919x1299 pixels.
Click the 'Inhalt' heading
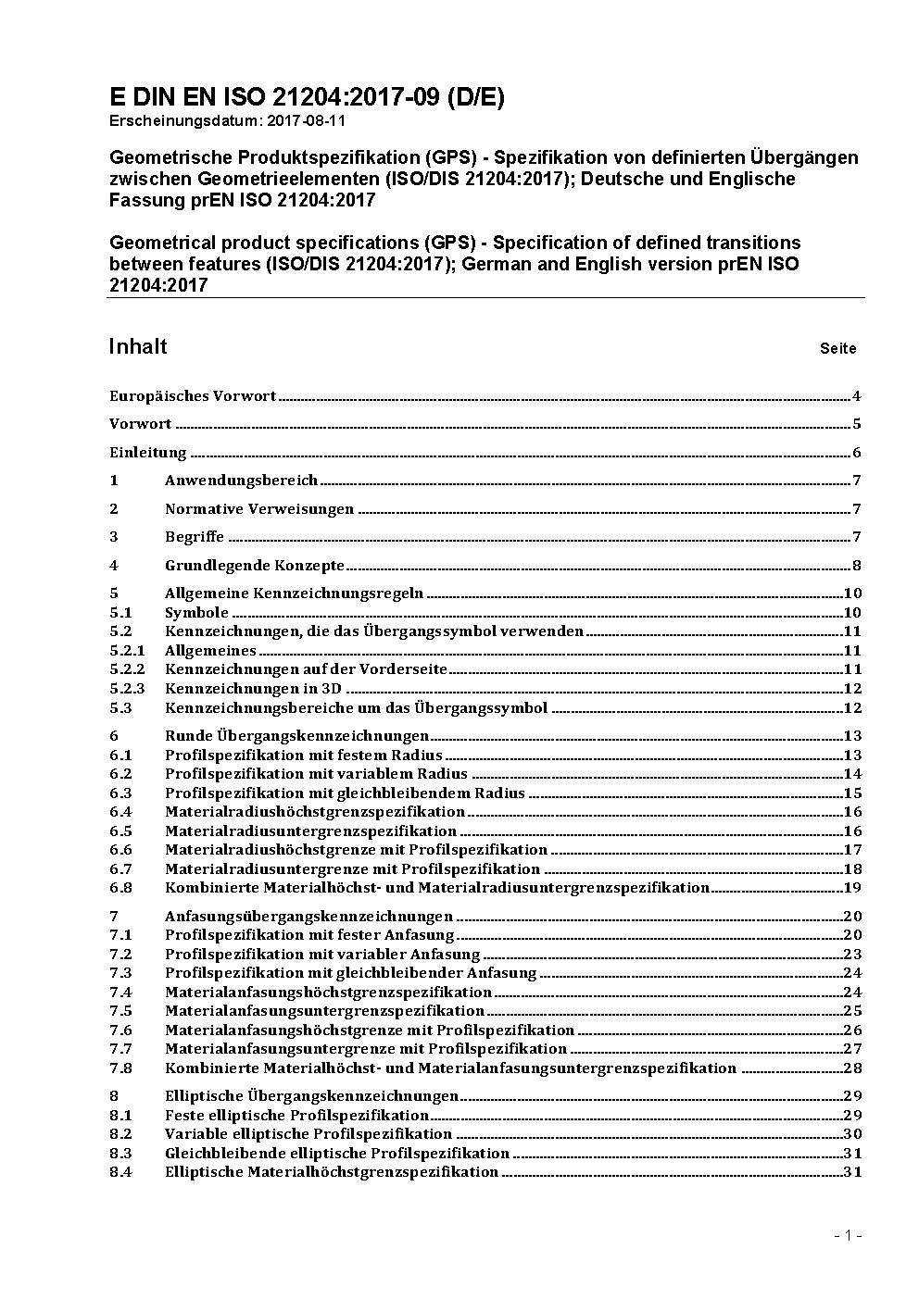pyautogui.click(x=138, y=346)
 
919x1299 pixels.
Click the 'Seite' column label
pyautogui.click(x=837, y=349)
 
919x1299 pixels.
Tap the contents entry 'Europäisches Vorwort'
pyautogui.click(x=193, y=396)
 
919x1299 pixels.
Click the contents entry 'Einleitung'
pyautogui.click(x=148, y=453)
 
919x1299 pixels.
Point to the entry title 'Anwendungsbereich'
pyautogui.click(x=241, y=481)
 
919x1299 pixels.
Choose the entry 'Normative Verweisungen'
pyautogui.click(x=259, y=509)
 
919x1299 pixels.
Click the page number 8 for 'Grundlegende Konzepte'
pyautogui.click(x=857, y=566)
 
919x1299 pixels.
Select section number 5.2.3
pyautogui.click(x=127, y=689)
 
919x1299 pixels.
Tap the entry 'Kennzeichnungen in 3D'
pyautogui.click(x=253, y=689)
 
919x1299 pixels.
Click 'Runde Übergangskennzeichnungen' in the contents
pyautogui.click(x=296, y=736)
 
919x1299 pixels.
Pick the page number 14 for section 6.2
pyautogui.click(x=852, y=774)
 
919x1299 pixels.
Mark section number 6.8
pyautogui.click(x=120, y=888)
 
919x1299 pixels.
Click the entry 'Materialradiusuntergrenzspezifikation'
pyautogui.click(x=310, y=831)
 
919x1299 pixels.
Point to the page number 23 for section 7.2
pyautogui.click(x=852, y=955)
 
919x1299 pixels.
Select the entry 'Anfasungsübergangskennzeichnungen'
pyautogui.click(x=308, y=917)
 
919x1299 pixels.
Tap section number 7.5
pyautogui.click(x=120, y=1011)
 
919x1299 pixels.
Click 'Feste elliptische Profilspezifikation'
pyautogui.click(x=296, y=1116)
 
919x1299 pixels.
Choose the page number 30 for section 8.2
pyautogui.click(x=852, y=1134)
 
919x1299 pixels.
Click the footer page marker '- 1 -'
pyautogui.click(x=848, y=1236)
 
